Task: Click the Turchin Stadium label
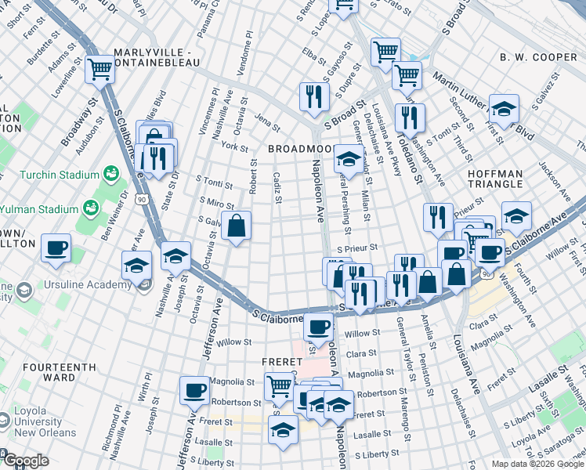(56, 174)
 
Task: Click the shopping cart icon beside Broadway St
(100, 70)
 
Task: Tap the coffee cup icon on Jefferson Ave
(194, 389)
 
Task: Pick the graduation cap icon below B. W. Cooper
(504, 108)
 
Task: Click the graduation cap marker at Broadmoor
(348, 160)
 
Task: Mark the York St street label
(234, 146)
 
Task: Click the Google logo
(25, 461)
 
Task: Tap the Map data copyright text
(537, 464)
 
